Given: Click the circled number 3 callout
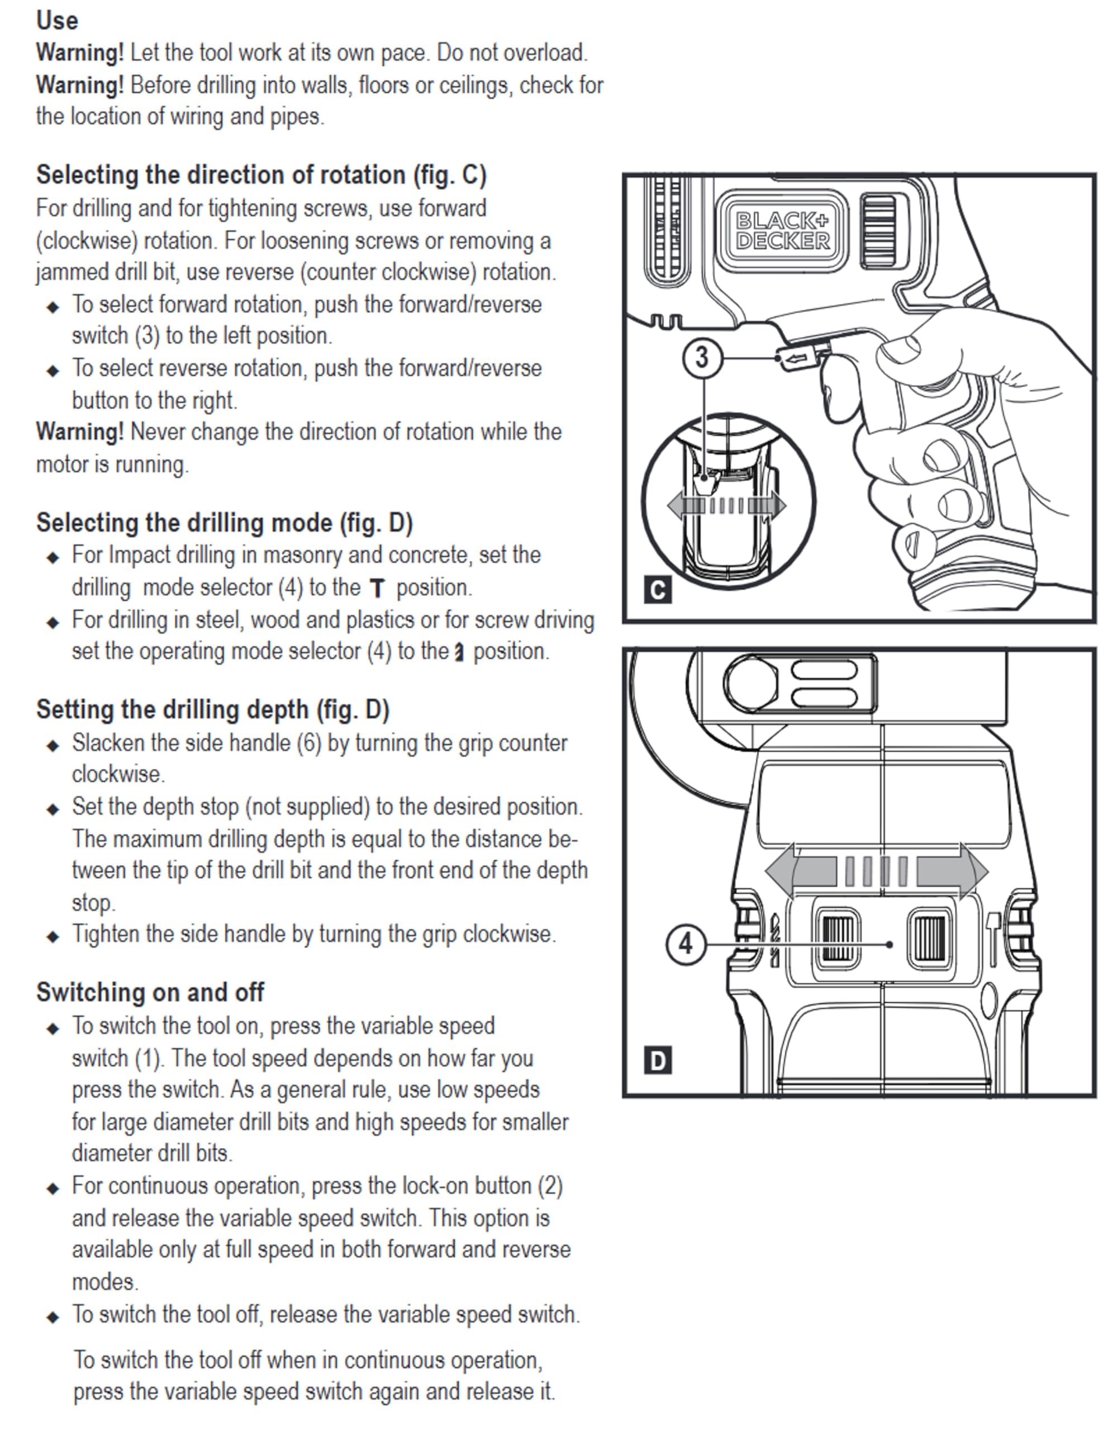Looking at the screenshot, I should [x=702, y=358].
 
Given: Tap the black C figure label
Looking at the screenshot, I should [x=658, y=590].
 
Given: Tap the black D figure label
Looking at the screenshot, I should [x=658, y=1060].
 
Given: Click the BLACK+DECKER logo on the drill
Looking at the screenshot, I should [x=782, y=230].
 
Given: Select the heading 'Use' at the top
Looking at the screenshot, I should [x=57, y=20].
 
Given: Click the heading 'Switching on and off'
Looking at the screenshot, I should [x=150, y=992].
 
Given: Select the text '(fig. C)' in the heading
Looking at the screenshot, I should [x=449, y=175].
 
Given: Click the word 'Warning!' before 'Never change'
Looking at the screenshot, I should [x=79, y=432].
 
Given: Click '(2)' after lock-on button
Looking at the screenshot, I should [x=550, y=1186].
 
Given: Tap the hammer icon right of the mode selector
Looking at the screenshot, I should [x=993, y=939].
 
